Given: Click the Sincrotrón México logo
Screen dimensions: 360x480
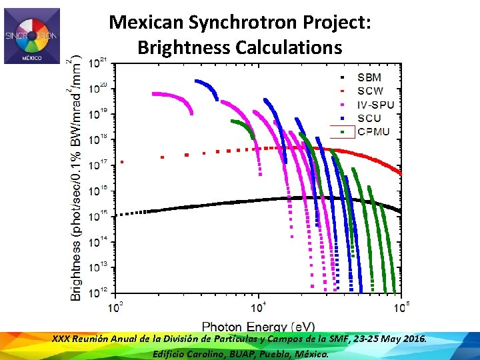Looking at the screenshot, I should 31,36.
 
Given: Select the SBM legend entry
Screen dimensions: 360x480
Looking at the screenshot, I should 369,77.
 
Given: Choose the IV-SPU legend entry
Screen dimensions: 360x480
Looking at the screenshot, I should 375,105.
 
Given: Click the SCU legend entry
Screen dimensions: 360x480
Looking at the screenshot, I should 369,118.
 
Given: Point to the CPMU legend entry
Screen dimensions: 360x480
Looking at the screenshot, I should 373,131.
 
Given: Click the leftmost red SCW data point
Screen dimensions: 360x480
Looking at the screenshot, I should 121,161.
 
